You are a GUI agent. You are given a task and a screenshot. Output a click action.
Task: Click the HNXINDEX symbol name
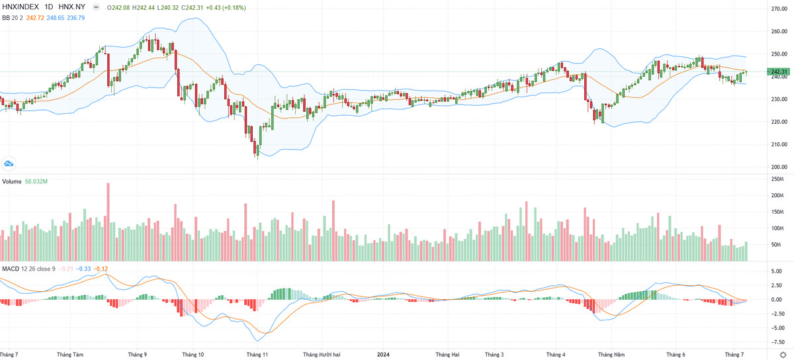coord(21,7)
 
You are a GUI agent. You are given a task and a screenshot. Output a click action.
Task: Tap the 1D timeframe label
coord(49,7)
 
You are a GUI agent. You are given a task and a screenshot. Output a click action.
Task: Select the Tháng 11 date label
coord(257,354)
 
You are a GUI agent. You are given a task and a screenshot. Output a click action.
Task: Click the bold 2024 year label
coord(384,354)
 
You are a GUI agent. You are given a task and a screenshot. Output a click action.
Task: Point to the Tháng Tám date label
coord(70,354)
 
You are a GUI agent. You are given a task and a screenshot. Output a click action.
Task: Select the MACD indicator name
coord(10,268)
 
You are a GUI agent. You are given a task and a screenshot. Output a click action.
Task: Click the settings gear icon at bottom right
coord(782,354)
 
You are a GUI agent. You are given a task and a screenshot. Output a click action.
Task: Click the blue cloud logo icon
coord(9,163)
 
